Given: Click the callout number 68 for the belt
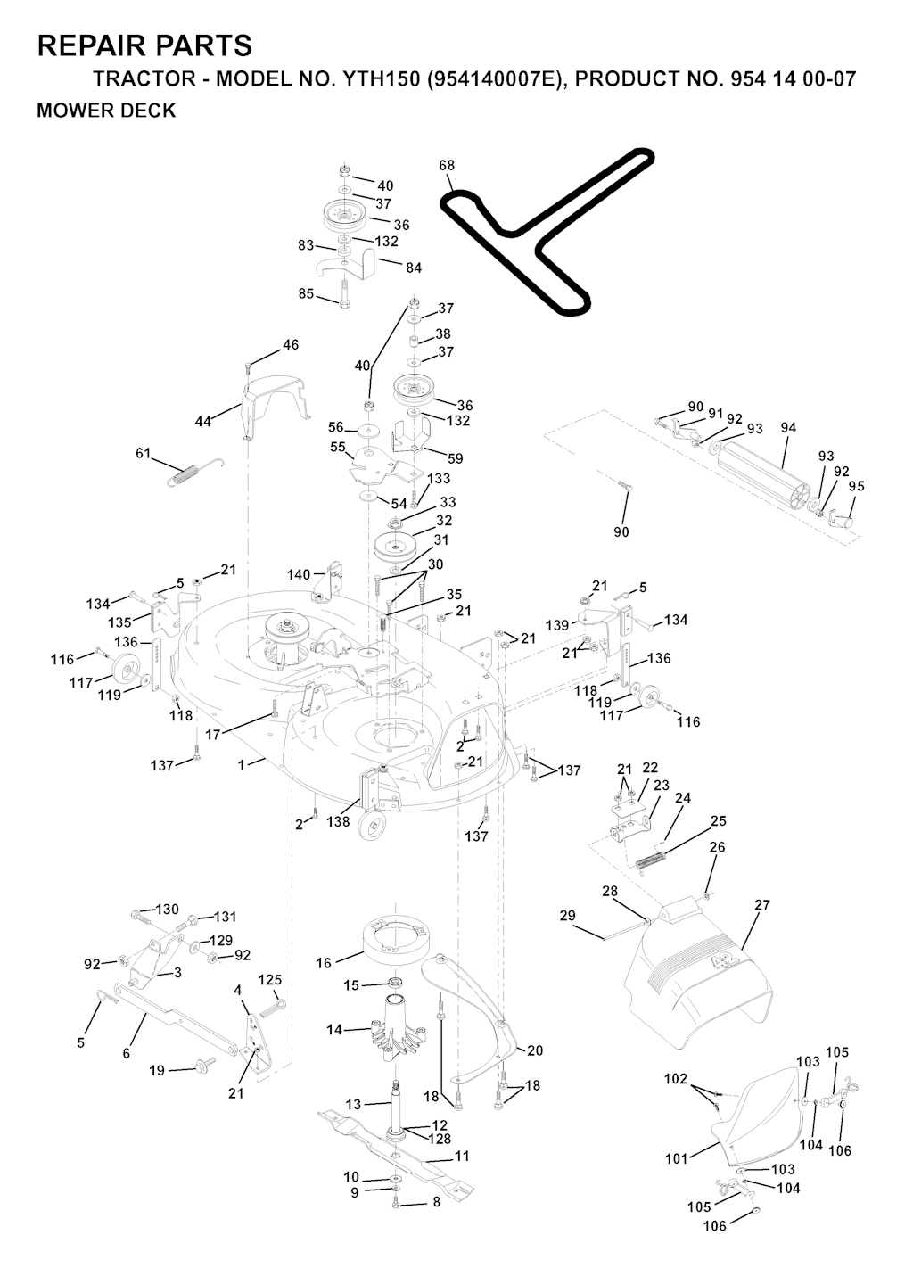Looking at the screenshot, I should (x=447, y=165).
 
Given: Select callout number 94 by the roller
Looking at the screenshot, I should (x=788, y=428).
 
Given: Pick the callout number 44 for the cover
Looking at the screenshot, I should (x=203, y=421).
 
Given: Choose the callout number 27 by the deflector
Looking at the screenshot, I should (x=761, y=905).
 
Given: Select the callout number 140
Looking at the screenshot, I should (x=299, y=574).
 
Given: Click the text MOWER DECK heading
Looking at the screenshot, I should (x=106, y=111).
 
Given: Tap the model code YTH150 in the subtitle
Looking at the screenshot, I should (x=378, y=79).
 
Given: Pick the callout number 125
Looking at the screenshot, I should (x=270, y=980).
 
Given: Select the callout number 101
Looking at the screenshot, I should (x=677, y=1159).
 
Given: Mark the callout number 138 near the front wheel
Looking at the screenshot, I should (x=338, y=822).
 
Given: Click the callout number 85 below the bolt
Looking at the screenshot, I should (x=306, y=293).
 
